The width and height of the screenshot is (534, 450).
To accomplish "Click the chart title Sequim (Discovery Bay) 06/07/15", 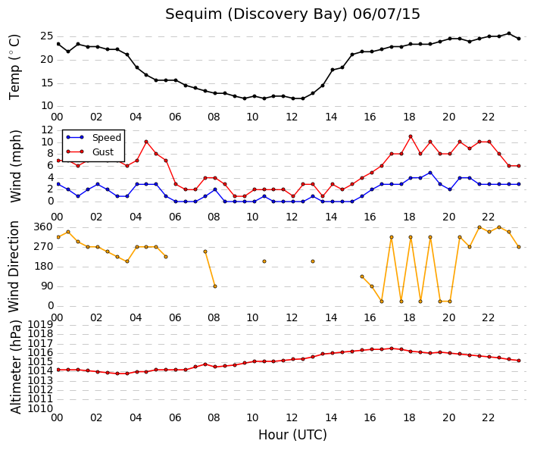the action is (x=292, y=14).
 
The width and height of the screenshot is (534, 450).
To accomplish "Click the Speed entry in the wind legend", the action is (x=107, y=138).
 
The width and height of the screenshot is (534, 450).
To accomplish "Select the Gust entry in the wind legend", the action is (x=103, y=152).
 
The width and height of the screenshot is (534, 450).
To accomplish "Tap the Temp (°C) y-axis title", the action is (x=14, y=67).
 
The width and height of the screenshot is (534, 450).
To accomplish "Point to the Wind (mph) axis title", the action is (x=15, y=166).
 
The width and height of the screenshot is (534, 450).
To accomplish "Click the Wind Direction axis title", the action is (x=14, y=267).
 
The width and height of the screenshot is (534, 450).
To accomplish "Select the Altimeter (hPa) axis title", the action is (x=15, y=367).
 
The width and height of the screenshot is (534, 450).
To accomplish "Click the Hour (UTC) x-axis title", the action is (x=292, y=435).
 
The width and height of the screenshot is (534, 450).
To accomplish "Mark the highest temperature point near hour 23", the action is (x=509, y=33).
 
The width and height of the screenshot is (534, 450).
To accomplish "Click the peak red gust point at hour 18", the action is (x=411, y=136).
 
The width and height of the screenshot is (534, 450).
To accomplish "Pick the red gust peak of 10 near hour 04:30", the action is (x=146, y=142).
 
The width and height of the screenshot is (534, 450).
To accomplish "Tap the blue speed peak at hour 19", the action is (x=430, y=173).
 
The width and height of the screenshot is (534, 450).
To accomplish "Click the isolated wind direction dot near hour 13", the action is (x=313, y=261).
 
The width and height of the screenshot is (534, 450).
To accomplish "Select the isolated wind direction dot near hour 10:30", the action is (x=264, y=261).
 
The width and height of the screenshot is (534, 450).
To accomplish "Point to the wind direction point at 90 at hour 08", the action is (x=215, y=286).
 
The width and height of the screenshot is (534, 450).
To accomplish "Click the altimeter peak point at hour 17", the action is (x=392, y=348).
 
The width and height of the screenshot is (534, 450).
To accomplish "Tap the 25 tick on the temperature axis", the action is (x=47, y=36).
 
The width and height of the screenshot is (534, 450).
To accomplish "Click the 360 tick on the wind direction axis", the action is (x=43, y=227).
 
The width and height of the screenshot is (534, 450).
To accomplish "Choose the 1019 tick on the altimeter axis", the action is (x=41, y=324).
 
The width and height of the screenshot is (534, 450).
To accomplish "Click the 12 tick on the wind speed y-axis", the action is (x=47, y=130).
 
